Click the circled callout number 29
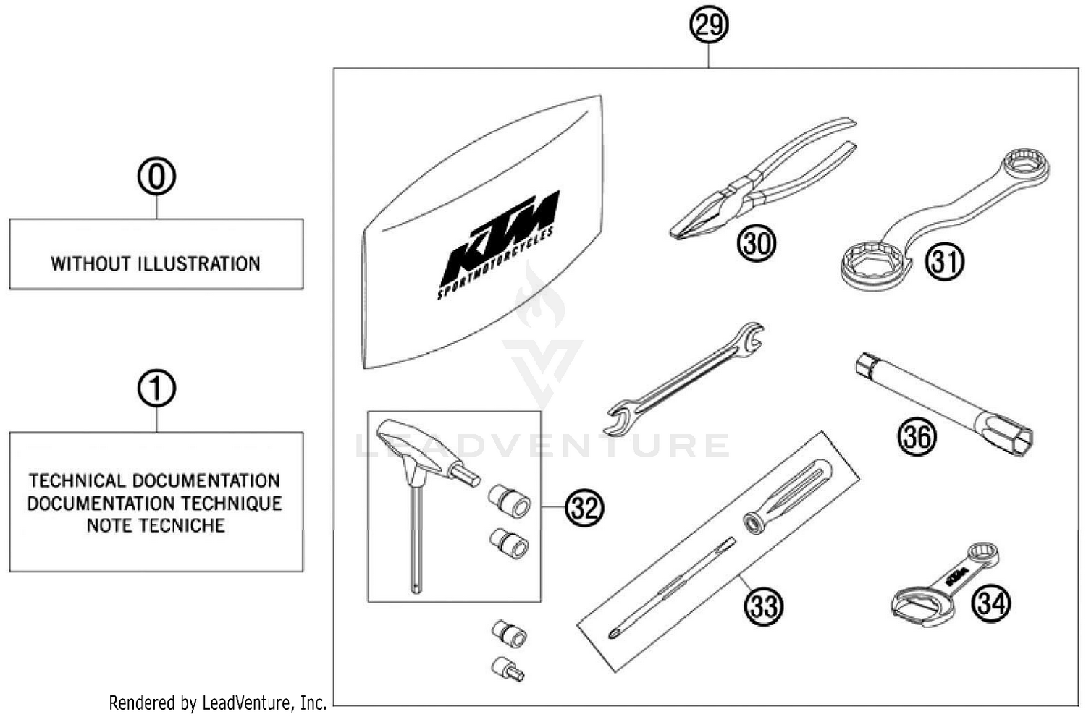point(708,25)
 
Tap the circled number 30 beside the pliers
point(756,243)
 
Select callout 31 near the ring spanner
point(945,260)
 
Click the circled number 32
point(584,508)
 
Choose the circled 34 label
point(990,602)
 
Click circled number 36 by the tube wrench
point(917,436)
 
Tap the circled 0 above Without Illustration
point(156,177)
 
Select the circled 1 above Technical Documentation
point(156,389)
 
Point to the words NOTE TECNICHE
point(156,525)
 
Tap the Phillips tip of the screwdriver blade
point(615,635)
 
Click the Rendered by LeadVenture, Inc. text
point(217,703)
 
